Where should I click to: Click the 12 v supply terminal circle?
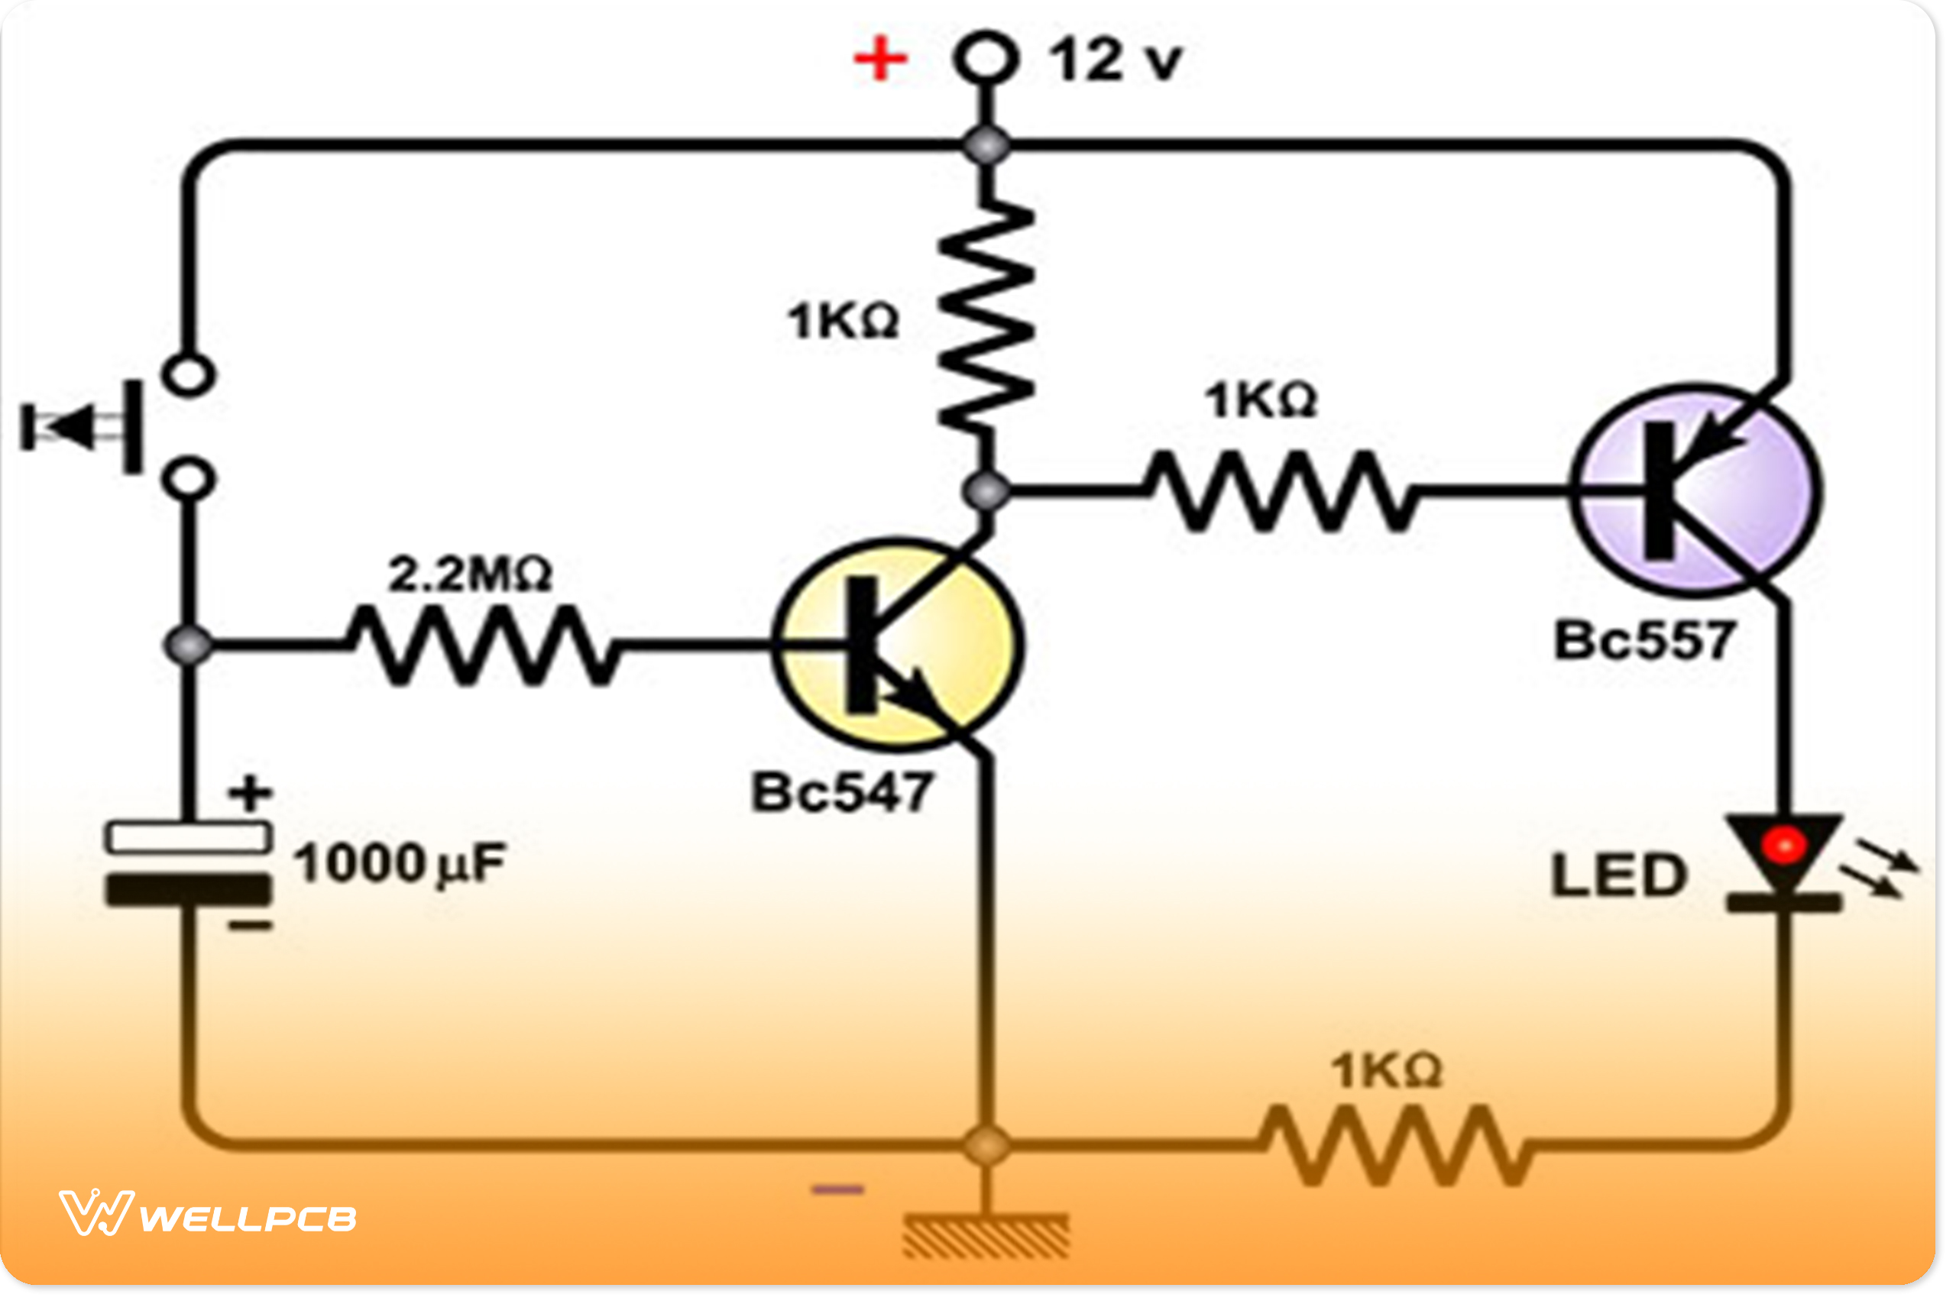[986, 58]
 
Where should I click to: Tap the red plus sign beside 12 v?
[881, 60]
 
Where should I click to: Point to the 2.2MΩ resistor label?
[470, 574]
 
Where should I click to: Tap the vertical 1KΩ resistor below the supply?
[986, 316]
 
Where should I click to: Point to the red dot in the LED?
[1783, 846]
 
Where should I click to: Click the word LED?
[1618, 876]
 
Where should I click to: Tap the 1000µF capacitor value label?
[399, 863]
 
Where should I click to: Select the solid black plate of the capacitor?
[189, 890]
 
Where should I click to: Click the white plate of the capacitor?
[189, 837]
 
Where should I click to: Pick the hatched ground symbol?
[986, 1238]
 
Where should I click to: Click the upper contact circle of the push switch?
[189, 374]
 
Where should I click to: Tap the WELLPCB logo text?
[248, 1219]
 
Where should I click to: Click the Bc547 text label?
[841, 791]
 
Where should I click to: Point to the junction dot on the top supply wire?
[986, 146]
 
